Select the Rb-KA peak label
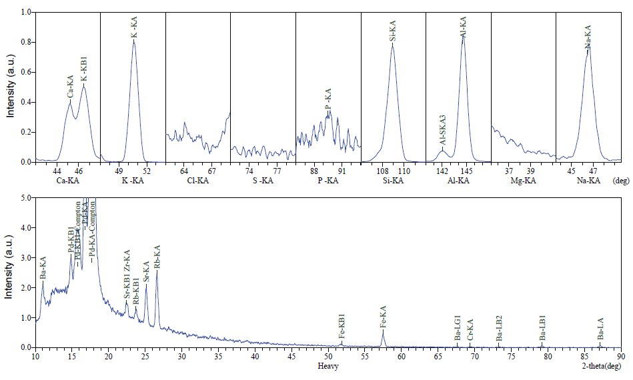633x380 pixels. pyautogui.click(x=157, y=257)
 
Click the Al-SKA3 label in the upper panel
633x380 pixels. pyautogui.click(x=442, y=131)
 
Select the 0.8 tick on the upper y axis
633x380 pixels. pyautogui.click(x=25, y=42)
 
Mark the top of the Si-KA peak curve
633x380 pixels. pyautogui.click(x=393, y=45)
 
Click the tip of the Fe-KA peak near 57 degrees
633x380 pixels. pyautogui.click(x=383, y=331)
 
